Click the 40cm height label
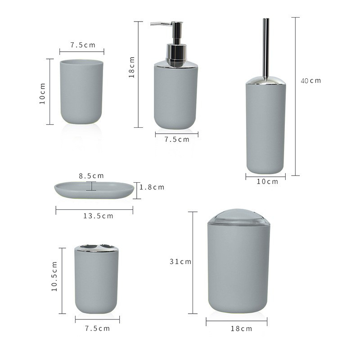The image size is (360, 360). [x=311, y=81]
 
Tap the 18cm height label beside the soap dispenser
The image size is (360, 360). [x=132, y=67]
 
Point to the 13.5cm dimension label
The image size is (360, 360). [x=98, y=216]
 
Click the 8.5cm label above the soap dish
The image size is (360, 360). [x=91, y=175]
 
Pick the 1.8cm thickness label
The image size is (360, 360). [x=152, y=187]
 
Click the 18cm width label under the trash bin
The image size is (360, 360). [x=241, y=328]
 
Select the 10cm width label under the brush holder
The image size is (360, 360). [x=267, y=182]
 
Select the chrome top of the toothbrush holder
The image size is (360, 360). [x=96, y=248]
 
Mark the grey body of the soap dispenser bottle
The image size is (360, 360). [x=175, y=97]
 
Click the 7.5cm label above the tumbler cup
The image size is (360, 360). [x=83, y=45]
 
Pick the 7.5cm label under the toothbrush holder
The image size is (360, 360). [x=97, y=328]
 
